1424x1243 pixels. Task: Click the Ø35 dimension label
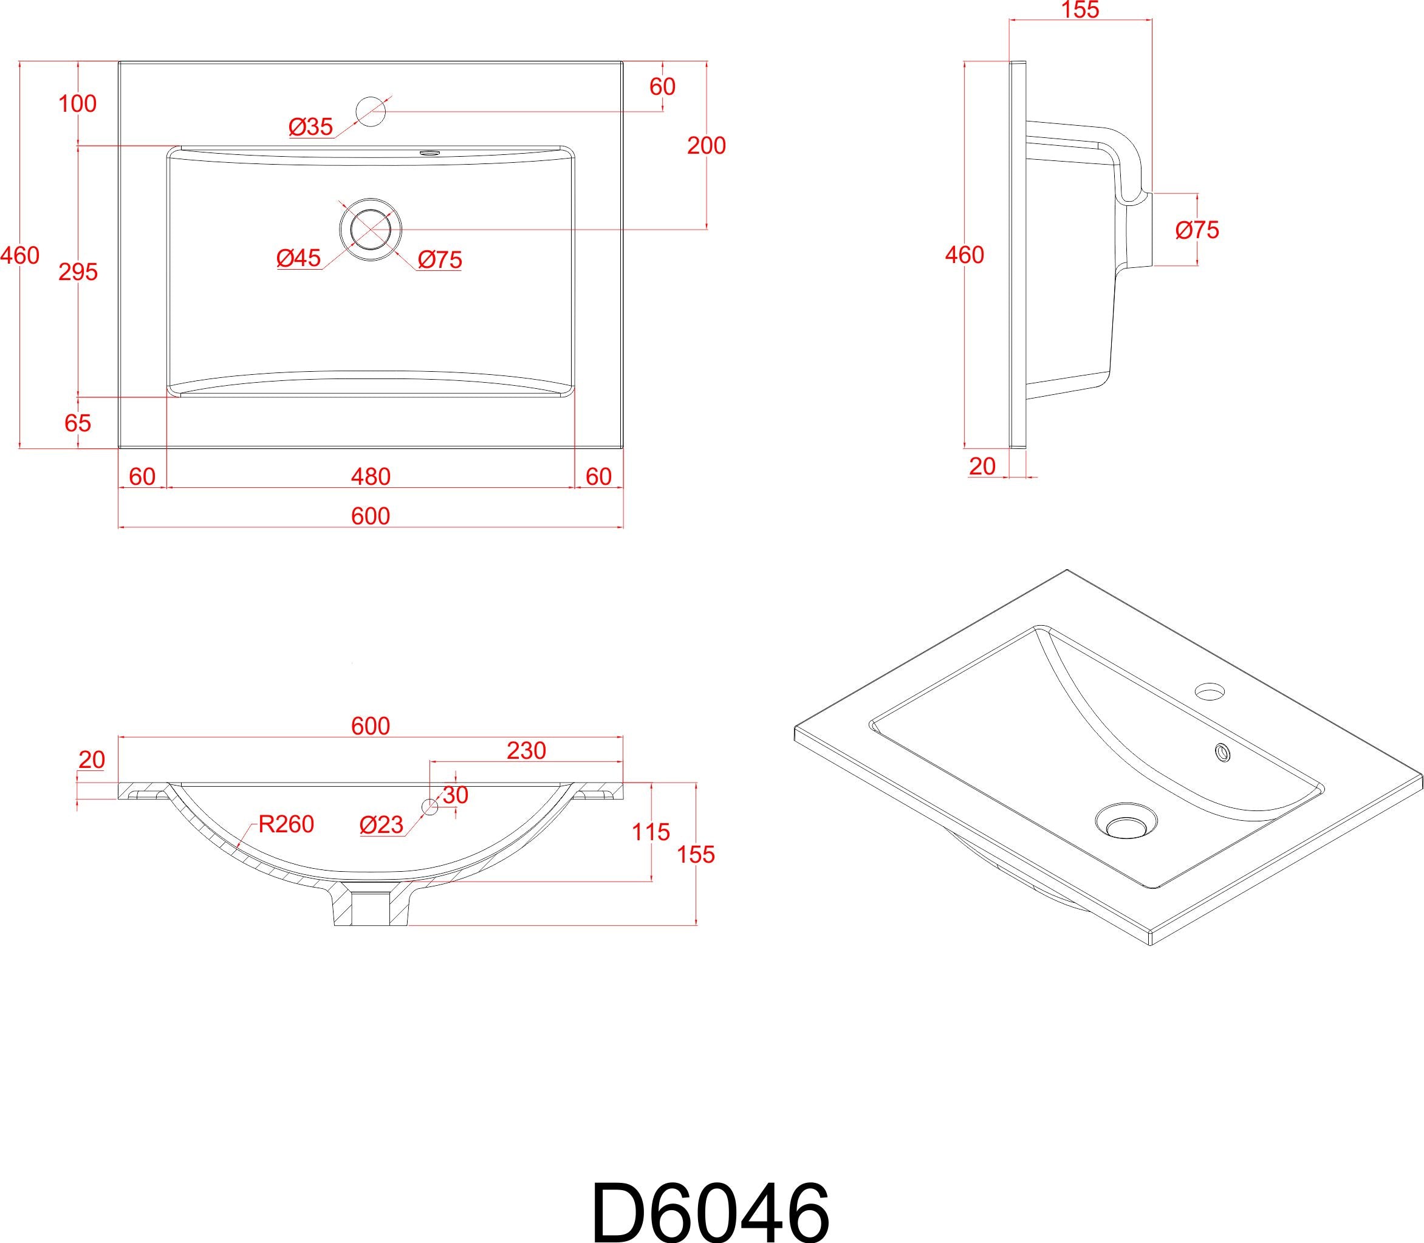tap(311, 127)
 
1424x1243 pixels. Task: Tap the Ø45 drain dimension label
tap(299, 258)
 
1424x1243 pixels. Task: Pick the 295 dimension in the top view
tap(78, 273)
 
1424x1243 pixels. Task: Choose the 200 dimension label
tap(706, 146)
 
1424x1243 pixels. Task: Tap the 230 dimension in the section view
tap(527, 750)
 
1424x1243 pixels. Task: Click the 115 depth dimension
tap(651, 832)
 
